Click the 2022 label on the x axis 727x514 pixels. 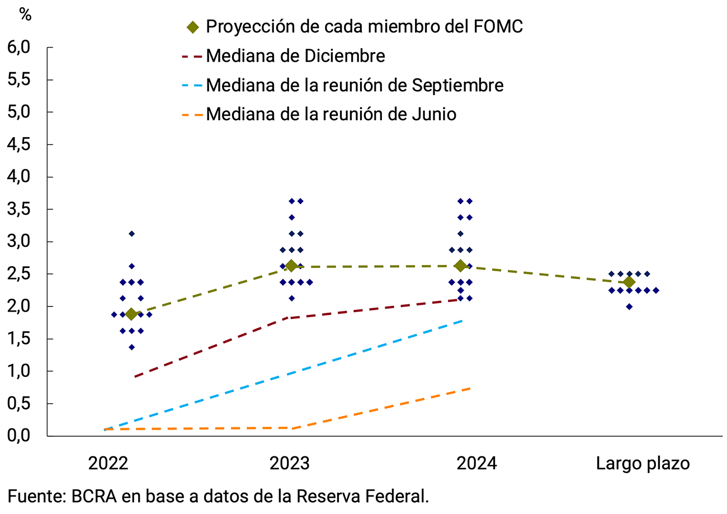(x=108, y=464)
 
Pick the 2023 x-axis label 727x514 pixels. (x=290, y=464)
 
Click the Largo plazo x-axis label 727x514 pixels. (x=643, y=464)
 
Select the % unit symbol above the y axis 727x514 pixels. (x=26, y=15)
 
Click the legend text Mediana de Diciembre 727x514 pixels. (x=295, y=56)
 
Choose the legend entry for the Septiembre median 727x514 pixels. (x=355, y=85)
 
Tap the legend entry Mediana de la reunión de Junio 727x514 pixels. (x=331, y=114)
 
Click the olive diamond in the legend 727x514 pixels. (x=192, y=27)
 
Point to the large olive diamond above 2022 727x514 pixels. (x=131, y=314)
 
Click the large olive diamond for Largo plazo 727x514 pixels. (x=629, y=282)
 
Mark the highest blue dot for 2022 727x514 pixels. (x=131, y=234)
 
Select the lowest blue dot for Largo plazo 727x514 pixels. (x=629, y=306)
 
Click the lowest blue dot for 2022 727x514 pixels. (x=131, y=347)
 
